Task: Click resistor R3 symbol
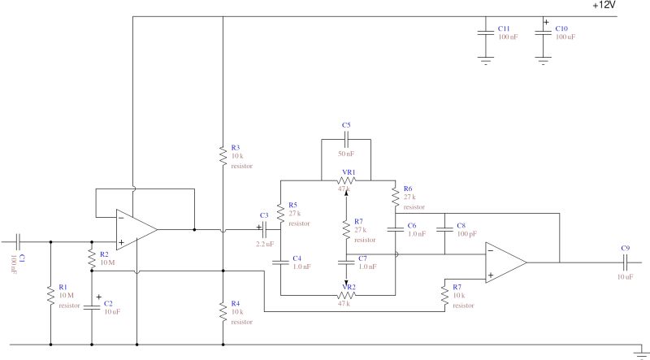[222, 155]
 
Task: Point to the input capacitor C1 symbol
[19, 241]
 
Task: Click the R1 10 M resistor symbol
[51, 293]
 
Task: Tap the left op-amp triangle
[134, 230]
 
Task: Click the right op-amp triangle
[504, 262]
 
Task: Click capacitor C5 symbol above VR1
[347, 141]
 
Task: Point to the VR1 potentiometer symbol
[347, 181]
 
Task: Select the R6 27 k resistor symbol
[395, 197]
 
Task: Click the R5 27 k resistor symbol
[279, 213]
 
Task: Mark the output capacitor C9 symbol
[625, 262]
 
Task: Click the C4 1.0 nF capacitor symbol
[279, 262]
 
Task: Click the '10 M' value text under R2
[108, 262]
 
